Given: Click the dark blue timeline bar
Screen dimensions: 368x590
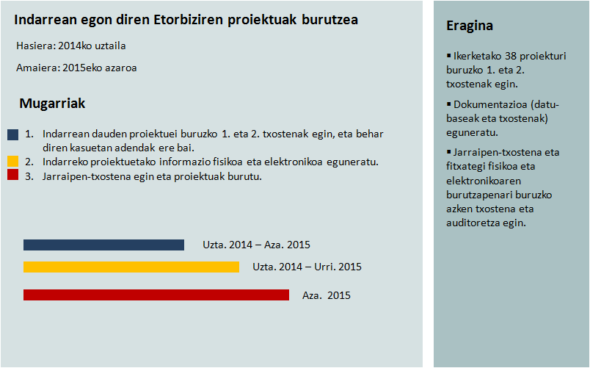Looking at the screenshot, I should pyautogui.click(x=103, y=245).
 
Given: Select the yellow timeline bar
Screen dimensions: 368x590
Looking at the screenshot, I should pyautogui.click(x=131, y=267).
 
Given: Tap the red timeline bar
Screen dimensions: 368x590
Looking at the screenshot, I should pyautogui.click(x=156, y=295).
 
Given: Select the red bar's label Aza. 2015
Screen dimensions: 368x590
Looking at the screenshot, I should pyautogui.click(x=327, y=295).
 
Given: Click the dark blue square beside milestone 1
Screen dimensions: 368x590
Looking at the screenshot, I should pyautogui.click(x=12, y=134).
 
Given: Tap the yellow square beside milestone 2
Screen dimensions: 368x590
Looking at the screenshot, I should pyautogui.click(x=12, y=161).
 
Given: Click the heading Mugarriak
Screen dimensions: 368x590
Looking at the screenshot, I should pyautogui.click(x=52, y=104).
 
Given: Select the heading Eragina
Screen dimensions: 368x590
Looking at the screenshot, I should pyautogui.click(x=470, y=26).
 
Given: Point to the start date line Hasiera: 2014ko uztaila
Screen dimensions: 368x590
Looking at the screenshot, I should pyautogui.click(x=71, y=46).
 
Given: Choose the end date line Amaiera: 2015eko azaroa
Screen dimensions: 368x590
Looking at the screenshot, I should pyautogui.click(x=76, y=68).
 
